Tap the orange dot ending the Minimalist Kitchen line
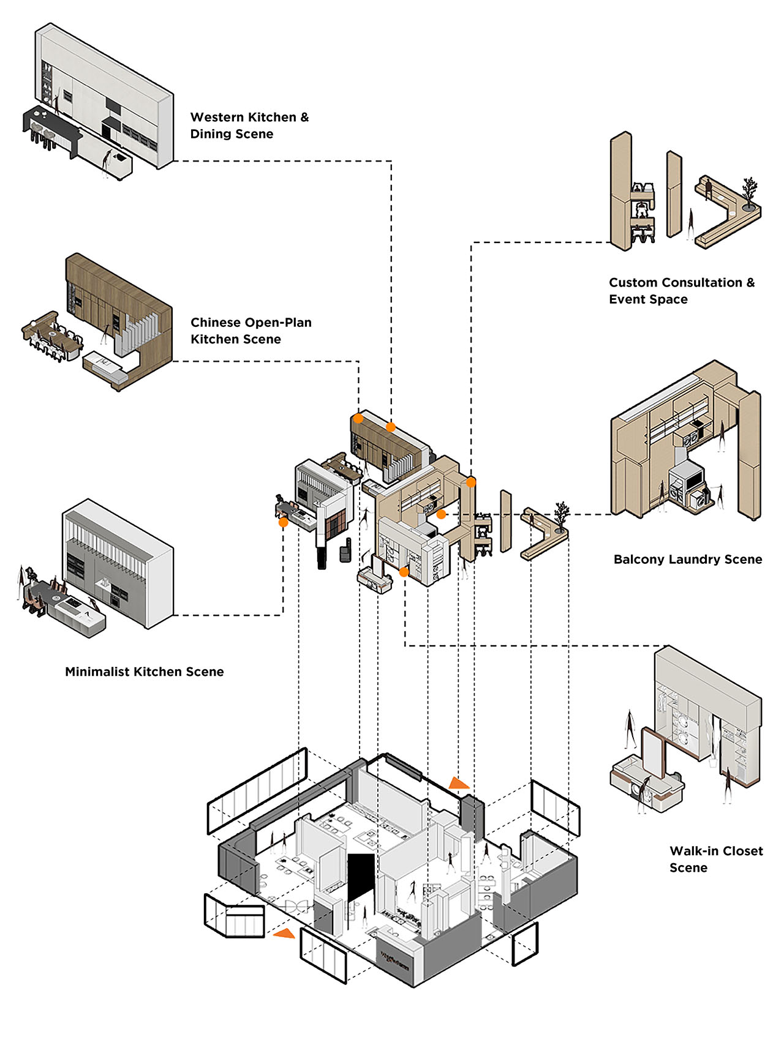[x=283, y=522]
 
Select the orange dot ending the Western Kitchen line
[x=391, y=427]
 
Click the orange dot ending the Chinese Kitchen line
[x=358, y=419]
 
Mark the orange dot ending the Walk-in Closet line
[x=404, y=572]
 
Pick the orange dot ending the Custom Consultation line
[x=470, y=482]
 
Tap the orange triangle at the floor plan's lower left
[x=284, y=934]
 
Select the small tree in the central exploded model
[x=561, y=514]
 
